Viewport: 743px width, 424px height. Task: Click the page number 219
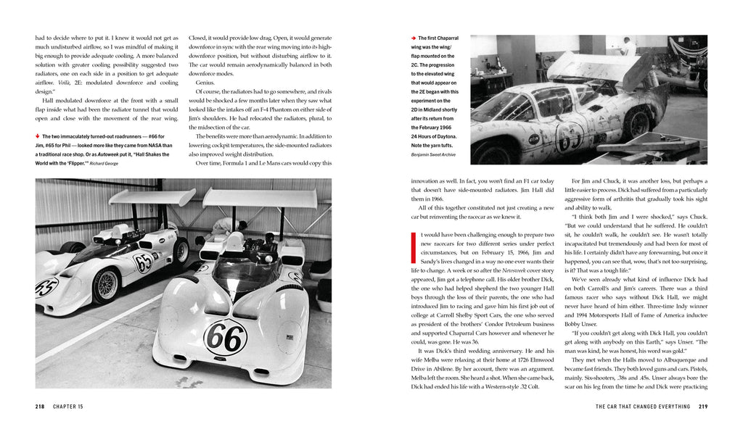tap(703, 407)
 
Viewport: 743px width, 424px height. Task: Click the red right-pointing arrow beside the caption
tap(413, 38)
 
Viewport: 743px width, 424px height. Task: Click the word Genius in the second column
tap(205, 83)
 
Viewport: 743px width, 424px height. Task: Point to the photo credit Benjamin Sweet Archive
tap(434, 154)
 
